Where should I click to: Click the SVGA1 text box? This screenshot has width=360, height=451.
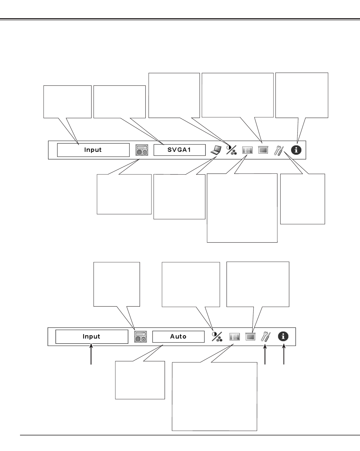coord(179,150)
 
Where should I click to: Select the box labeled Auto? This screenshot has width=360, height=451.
coord(178,337)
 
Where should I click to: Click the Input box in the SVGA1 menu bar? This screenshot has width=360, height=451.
coord(93,150)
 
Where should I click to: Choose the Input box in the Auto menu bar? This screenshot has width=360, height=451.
coord(91,337)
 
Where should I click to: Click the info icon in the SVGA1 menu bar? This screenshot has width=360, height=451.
coord(296,150)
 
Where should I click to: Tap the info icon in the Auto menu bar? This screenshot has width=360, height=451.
coord(284,336)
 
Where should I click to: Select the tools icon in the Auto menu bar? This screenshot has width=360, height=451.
coord(266,337)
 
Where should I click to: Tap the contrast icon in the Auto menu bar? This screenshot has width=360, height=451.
coord(217,336)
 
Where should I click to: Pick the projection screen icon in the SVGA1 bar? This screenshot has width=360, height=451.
coord(263,150)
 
